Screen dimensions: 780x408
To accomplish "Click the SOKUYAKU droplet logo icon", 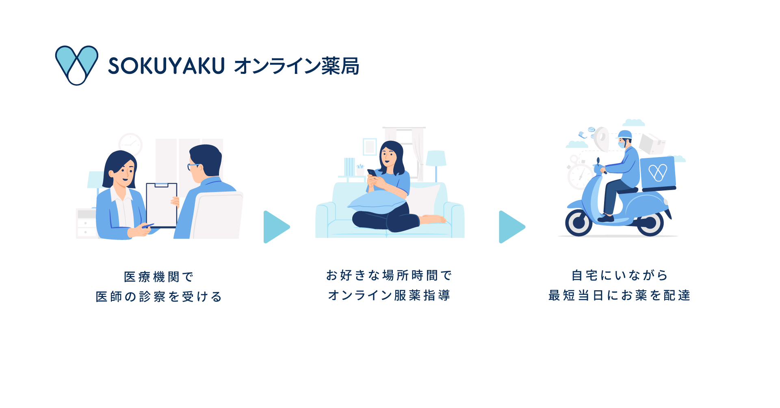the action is point(76,65).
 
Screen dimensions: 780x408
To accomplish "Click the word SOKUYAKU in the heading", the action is point(166,66).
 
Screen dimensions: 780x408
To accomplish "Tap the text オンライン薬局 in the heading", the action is point(297,66).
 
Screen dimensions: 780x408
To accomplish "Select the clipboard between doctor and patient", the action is point(161,205).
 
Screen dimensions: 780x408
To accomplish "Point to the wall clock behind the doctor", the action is point(130,144).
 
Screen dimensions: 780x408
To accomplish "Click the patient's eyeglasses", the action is point(193,166).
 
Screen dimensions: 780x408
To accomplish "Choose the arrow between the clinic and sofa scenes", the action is point(276,227).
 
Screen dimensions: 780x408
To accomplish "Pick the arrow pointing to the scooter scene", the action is point(511,227).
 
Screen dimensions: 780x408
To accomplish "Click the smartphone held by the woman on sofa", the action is point(372,173).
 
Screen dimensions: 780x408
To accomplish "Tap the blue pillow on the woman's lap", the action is point(376,202).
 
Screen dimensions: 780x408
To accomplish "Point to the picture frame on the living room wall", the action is point(370,147).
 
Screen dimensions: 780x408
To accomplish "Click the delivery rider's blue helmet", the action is point(625,134).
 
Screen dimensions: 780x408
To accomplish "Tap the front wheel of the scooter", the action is point(578,222).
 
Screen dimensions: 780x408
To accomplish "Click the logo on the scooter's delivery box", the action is point(658,173).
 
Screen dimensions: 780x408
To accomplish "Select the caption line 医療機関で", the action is point(159,277).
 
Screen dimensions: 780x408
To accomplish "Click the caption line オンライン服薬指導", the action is point(389,295).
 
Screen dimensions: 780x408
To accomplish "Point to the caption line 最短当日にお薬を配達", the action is point(619,295).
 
